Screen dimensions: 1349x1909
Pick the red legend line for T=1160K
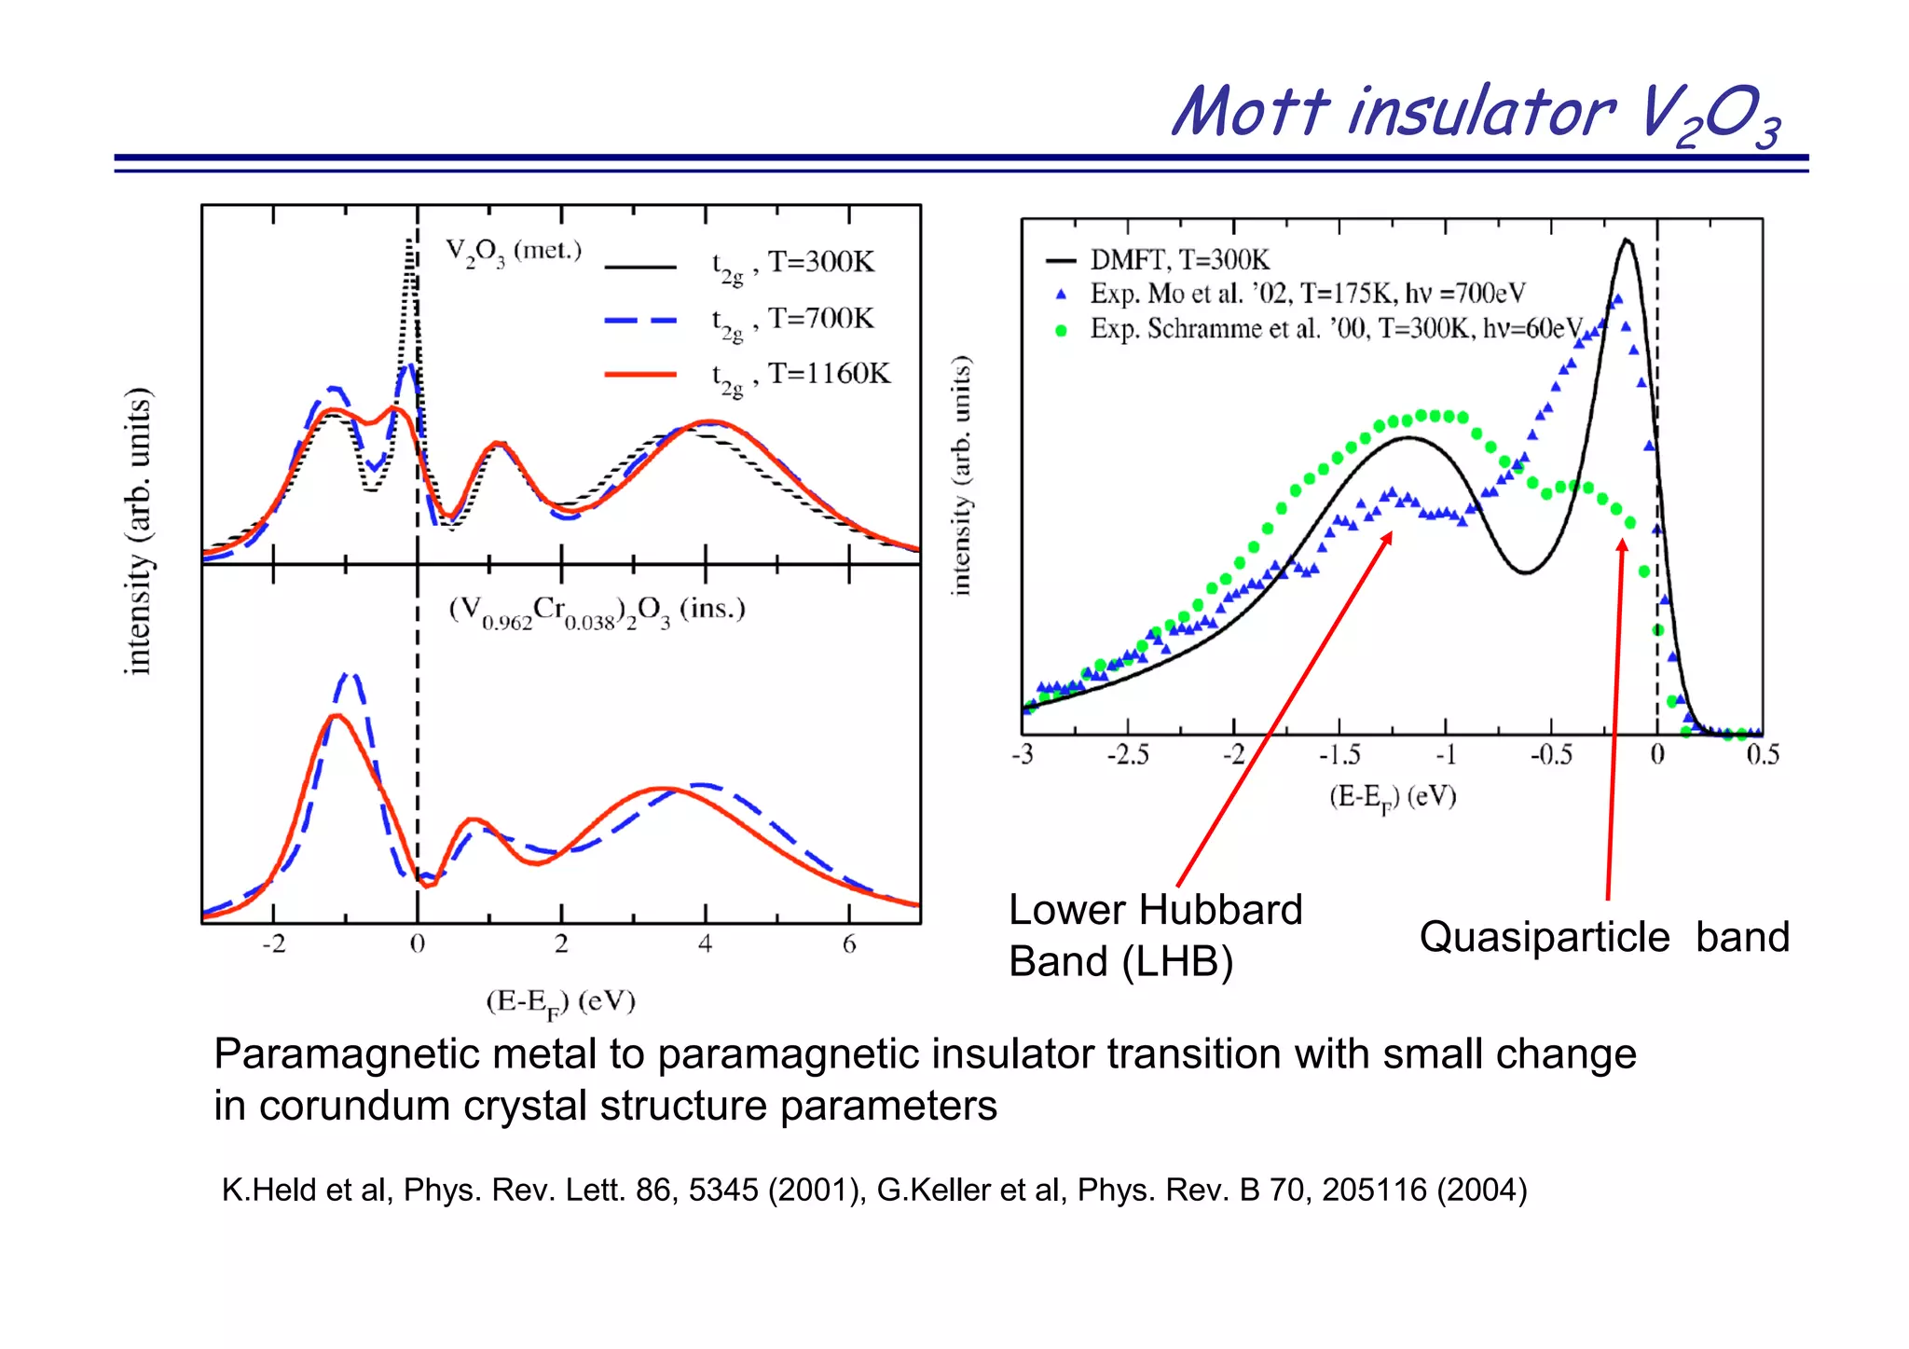pos(640,375)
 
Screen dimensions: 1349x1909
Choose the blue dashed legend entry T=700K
pos(640,320)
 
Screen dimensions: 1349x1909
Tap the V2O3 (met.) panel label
pos(513,252)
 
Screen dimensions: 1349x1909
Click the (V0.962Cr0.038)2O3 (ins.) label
pos(597,612)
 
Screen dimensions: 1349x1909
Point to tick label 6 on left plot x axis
pos(848,944)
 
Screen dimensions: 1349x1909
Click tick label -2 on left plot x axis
pos(273,944)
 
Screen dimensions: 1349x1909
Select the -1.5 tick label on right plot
pos(1339,754)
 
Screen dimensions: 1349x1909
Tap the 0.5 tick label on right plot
pos(1762,754)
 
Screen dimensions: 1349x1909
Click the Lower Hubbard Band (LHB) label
pos(1154,935)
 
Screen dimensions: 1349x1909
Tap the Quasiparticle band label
pos(1603,937)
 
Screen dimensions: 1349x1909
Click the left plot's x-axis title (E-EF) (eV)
pos(560,1003)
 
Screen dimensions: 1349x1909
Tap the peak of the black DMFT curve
pos(1627,241)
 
